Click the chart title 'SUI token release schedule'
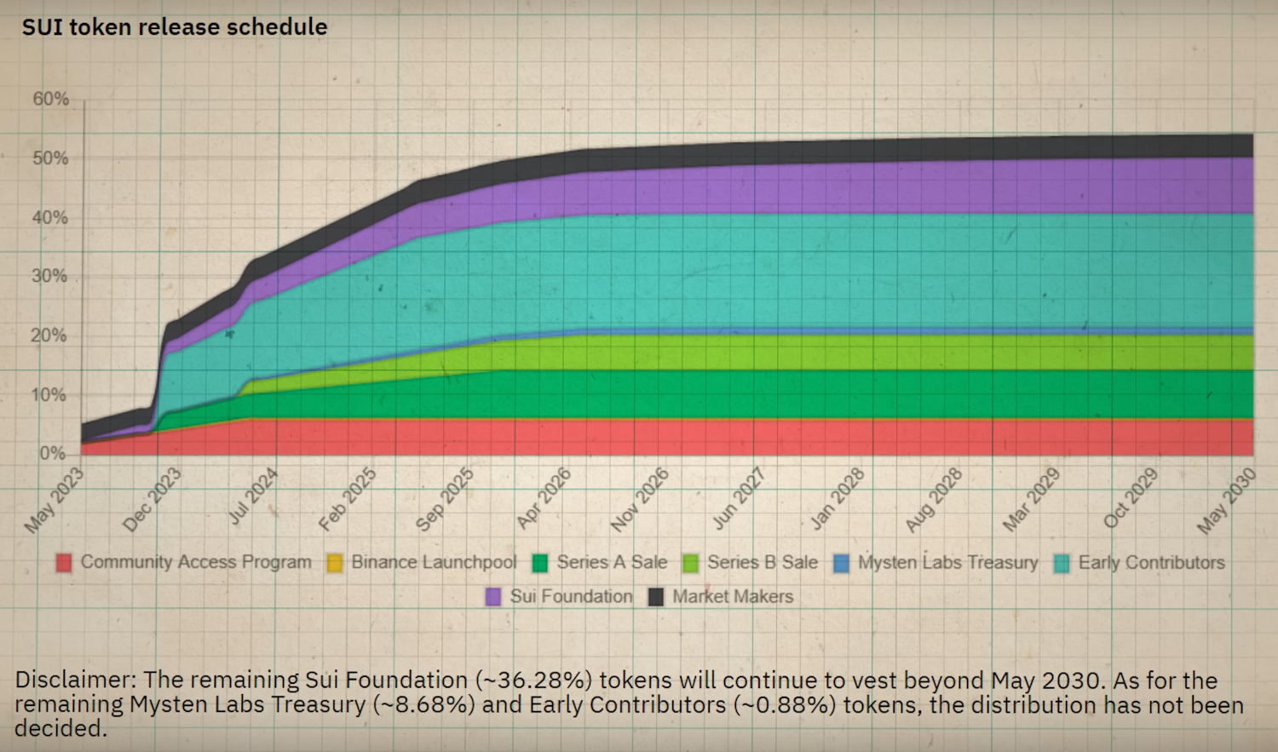[x=175, y=27]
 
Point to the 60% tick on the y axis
[x=51, y=99]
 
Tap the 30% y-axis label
[x=49, y=276]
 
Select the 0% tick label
[x=53, y=453]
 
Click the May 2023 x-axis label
[x=55, y=500]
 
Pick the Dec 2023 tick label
[x=153, y=500]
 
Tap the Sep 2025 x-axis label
[x=445, y=500]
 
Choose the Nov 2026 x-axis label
[x=640, y=500]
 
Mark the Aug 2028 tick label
[x=934, y=500]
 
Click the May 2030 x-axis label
[x=1226, y=500]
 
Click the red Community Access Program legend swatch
[x=64, y=563]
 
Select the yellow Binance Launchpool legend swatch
[x=335, y=563]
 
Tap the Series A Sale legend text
[x=612, y=562]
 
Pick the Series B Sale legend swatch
[x=691, y=563]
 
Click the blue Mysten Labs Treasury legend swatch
[x=842, y=563]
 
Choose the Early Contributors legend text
[x=1151, y=562]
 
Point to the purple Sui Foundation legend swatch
[x=493, y=597]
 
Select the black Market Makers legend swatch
[x=656, y=597]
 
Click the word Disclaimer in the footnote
[x=75, y=680]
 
